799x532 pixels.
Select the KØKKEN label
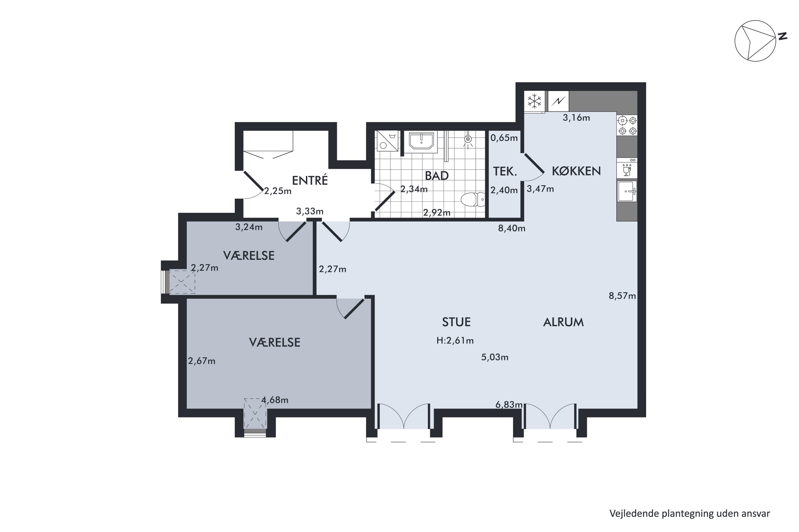576,171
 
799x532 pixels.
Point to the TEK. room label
505,171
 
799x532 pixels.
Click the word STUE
456,322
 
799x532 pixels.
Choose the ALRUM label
563,322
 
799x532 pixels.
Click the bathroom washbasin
421,141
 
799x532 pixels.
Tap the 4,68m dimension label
275,400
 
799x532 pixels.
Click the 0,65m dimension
504,138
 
